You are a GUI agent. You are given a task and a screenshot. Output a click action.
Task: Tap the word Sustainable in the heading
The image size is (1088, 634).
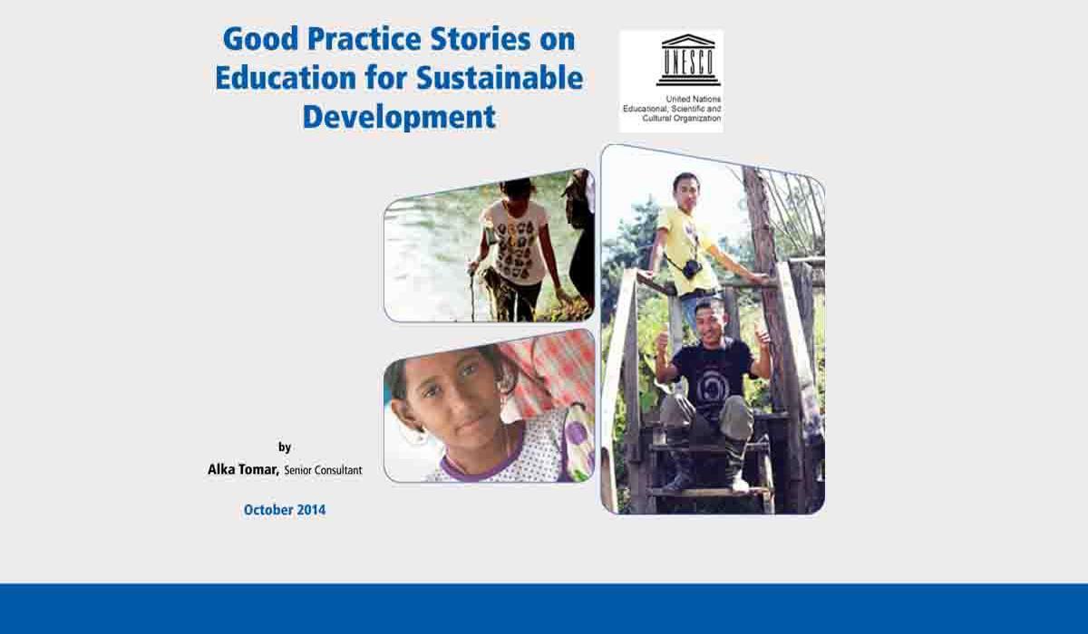point(500,78)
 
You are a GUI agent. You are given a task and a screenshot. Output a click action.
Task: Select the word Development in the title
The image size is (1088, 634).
point(399,117)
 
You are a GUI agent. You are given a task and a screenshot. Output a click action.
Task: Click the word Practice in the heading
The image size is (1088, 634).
point(364,39)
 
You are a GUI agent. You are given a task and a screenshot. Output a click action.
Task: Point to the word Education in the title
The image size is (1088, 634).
point(286,78)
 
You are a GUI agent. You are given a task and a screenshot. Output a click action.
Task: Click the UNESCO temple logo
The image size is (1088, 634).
point(688,60)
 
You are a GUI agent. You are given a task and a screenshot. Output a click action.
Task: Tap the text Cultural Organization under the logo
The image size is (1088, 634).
point(682,119)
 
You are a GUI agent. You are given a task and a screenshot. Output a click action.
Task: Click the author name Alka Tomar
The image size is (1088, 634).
point(243,469)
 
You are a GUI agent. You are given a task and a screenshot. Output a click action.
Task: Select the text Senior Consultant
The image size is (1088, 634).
point(323,470)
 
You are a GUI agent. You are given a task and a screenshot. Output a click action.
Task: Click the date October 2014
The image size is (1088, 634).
point(285,510)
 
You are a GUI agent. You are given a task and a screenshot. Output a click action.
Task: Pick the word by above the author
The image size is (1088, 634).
point(285,447)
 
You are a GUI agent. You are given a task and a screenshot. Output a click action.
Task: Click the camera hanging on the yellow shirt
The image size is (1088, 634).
point(692,268)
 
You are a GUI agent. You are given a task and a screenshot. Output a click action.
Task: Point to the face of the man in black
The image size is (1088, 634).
point(709,321)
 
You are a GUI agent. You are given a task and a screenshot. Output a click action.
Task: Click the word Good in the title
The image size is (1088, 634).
point(260,39)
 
